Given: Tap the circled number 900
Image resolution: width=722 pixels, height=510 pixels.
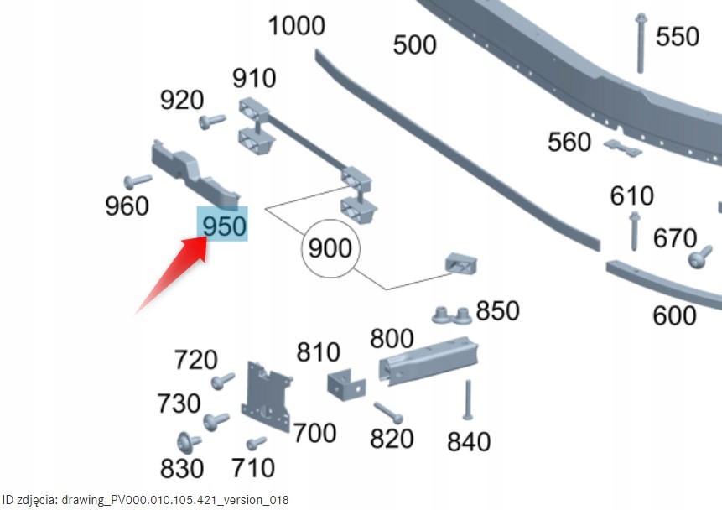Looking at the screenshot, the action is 330,248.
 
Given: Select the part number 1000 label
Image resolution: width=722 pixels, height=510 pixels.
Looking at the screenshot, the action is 297,25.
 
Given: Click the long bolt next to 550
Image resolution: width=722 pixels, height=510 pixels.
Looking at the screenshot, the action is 640,44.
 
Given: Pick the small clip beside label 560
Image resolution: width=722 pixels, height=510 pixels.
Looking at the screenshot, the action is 622,148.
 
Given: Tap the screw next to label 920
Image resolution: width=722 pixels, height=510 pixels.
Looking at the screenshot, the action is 212,121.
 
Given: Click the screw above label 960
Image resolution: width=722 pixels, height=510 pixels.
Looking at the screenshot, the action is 138,181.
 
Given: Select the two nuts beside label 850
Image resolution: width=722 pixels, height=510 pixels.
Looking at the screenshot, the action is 452,315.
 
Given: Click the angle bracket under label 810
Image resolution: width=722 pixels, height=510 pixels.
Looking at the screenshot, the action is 346,384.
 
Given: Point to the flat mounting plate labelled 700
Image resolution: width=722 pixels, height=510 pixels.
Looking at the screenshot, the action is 267,396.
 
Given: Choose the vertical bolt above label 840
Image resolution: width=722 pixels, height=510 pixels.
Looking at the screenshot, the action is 468,400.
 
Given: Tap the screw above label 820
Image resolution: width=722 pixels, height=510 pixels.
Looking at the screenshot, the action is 388,413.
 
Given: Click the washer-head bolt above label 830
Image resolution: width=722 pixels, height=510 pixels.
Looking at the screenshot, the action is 189,443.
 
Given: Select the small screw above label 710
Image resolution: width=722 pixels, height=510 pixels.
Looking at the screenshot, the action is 256,444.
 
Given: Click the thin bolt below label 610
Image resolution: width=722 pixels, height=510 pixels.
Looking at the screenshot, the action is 635,231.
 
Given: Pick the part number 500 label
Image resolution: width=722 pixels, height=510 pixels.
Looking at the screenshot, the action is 414,44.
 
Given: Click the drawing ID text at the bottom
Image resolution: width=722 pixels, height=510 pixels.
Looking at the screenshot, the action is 146,500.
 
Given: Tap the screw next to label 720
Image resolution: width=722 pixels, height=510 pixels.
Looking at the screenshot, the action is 223,381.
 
